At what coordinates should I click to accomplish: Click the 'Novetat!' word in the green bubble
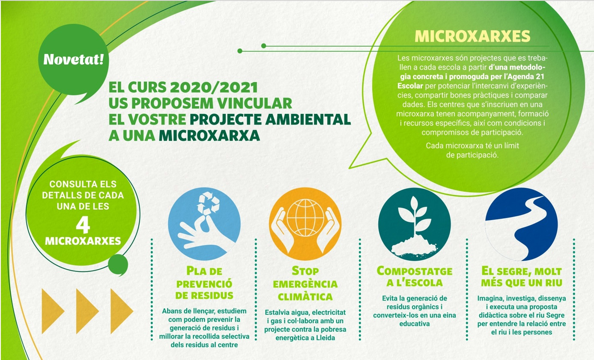click(74, 60)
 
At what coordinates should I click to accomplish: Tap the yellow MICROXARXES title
click(472, 36)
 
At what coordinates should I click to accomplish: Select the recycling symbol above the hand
click(208, 203)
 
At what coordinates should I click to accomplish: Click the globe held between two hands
click(305, 217)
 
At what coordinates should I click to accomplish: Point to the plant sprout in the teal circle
click(415, 217)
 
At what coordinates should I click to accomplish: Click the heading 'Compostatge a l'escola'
click(415, 277)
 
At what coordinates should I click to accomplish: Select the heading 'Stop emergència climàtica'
click(305, 284)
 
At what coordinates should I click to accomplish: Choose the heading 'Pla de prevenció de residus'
click(204, 283)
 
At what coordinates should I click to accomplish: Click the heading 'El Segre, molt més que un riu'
click(522, 277)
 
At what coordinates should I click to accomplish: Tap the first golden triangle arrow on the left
click(53, 311)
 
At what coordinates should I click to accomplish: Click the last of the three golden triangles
click(122, 311)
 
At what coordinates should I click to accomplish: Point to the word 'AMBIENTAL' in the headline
click(308, 119)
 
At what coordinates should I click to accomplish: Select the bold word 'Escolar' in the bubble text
click(410, 86)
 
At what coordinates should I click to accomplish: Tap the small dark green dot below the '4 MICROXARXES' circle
click(118, 265)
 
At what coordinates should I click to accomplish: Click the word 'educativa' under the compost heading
click(415, 324)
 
